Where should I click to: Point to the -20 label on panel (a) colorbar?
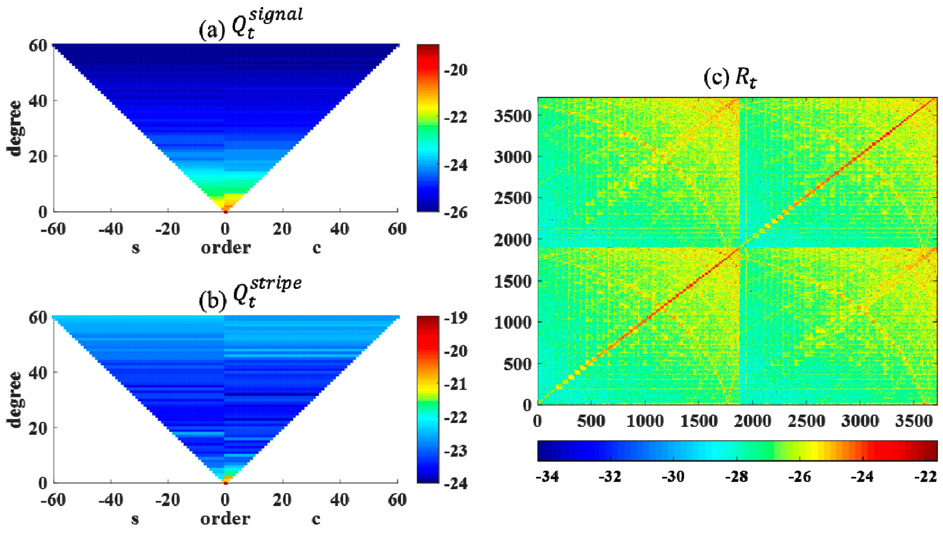[455, 69]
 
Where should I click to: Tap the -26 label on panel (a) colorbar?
[455, 212]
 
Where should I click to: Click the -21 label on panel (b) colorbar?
[455, 384]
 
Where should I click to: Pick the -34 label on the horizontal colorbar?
[547, 476]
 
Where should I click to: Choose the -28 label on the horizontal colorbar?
[736, 476]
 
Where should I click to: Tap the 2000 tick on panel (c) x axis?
[752, 421]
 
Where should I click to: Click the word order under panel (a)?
[226, 248]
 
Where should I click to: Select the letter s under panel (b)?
[135, 518]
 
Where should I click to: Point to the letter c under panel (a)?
[316, 248]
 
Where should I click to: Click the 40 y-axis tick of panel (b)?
[38, 373]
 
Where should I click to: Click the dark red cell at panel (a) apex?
[225, 212]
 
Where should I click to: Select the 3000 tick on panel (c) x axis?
[860, 421]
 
